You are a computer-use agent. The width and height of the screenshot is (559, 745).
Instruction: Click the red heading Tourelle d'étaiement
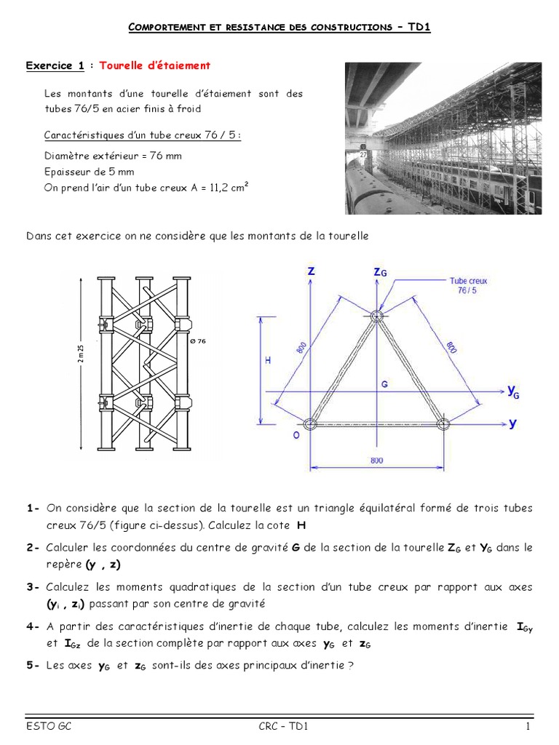(x=154, y=66)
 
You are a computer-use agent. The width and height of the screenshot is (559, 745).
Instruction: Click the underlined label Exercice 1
(x=55, y=66)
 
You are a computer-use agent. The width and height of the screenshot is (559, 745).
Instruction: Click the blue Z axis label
(x=312, y=271)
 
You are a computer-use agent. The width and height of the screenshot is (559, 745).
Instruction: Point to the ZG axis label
(x=380, y=272)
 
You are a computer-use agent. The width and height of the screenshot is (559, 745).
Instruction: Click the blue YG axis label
(x=513, y=393)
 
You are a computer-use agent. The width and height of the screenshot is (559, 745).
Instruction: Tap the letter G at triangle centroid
(x=384, y=383)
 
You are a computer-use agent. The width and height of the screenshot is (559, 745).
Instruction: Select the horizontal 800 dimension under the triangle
(x=376, y=461)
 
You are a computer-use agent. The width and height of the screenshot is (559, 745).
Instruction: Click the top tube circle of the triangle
(x=376, y=316)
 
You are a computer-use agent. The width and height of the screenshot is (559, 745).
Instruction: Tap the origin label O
(x=296, y=435)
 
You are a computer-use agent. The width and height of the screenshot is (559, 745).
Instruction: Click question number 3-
(x=33, y=586)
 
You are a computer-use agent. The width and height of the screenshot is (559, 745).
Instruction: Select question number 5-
(x=33, y=664)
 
